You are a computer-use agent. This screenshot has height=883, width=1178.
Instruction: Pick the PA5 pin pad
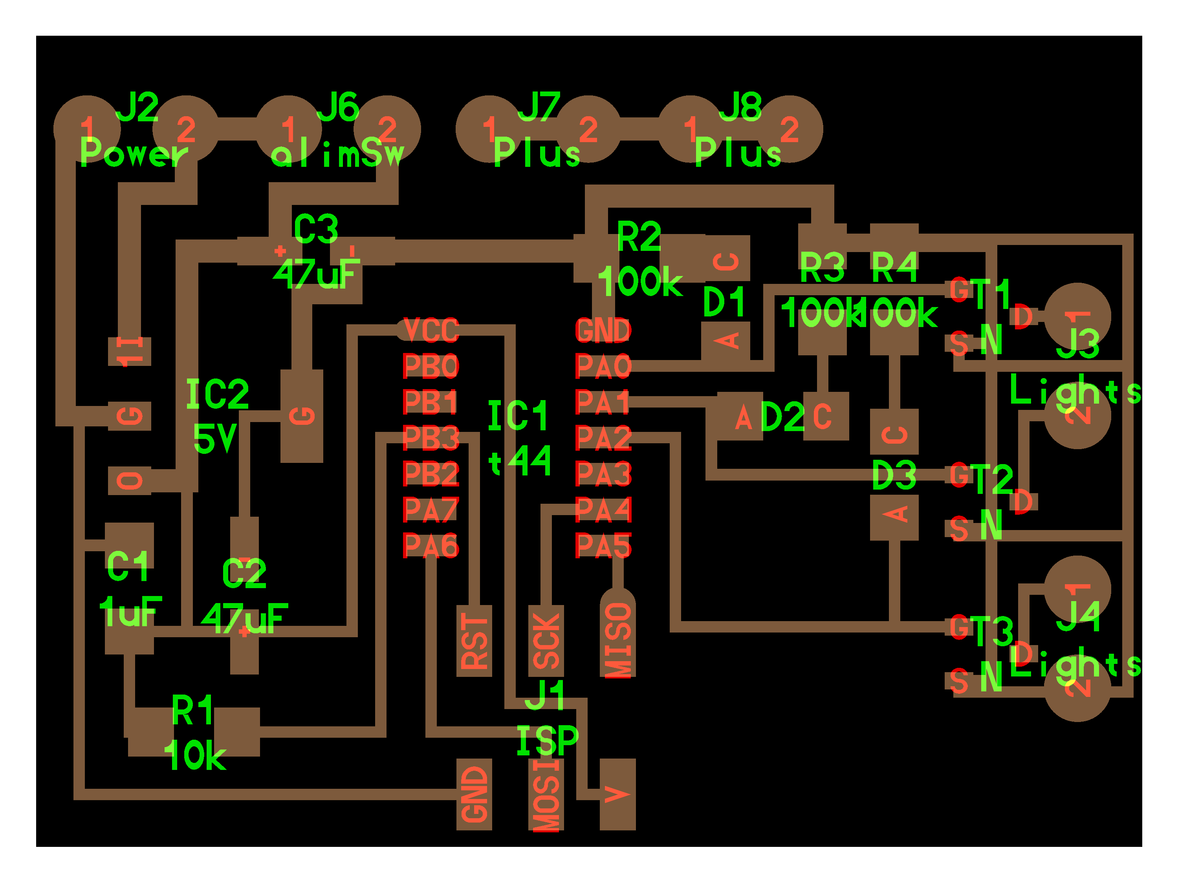(x=603, y=546)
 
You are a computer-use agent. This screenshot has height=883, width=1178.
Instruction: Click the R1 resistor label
(x=193, y=711)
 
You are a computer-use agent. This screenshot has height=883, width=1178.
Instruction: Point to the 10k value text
(x=195, y=755)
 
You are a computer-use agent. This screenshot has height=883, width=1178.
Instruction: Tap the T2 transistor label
(x=994, y=479)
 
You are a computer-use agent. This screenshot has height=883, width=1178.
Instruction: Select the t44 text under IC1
(x=520, y=461)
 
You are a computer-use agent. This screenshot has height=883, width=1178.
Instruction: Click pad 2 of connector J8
(x=789, y=129)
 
